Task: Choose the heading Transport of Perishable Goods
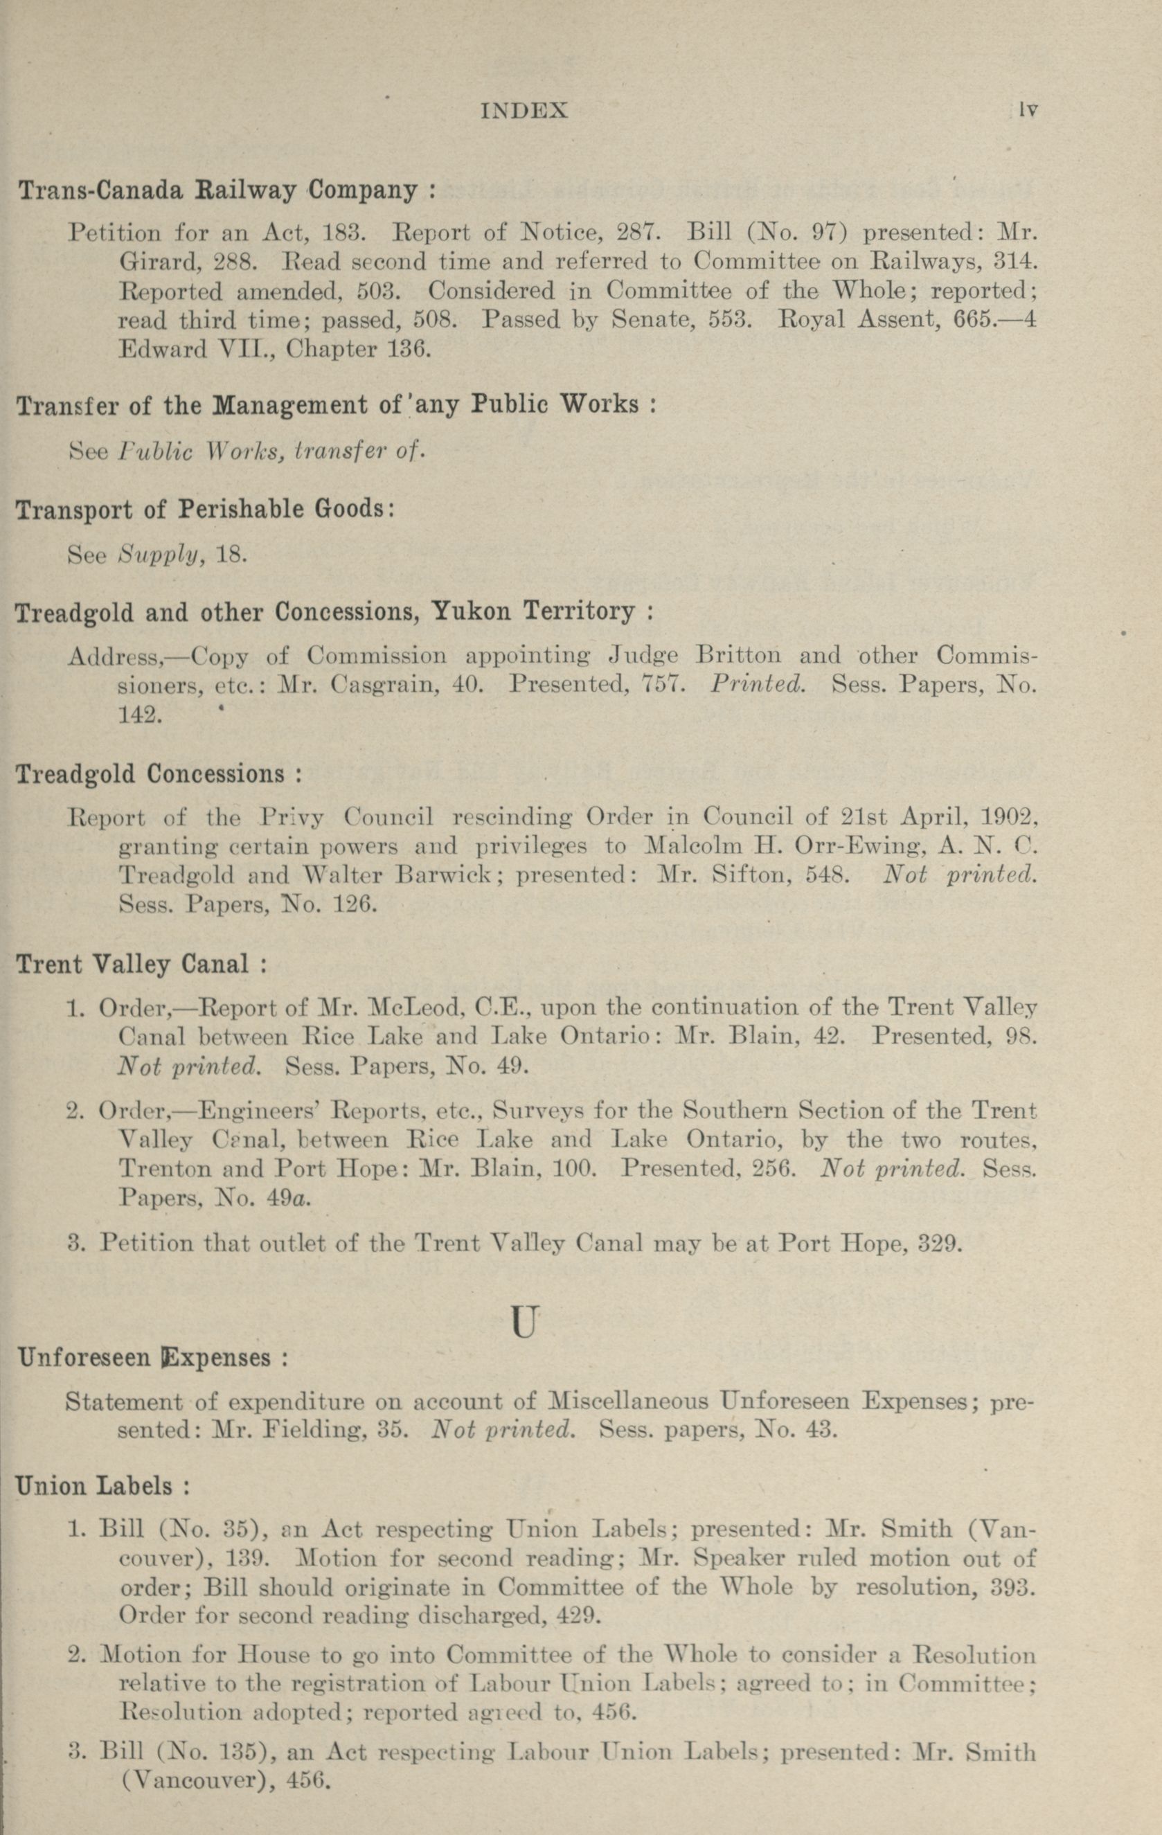click(x=204, y=509)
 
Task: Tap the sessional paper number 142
click(x=139, y=715)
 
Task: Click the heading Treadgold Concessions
click(x=159, y=775)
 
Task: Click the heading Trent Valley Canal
click(x=141, y=965)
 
